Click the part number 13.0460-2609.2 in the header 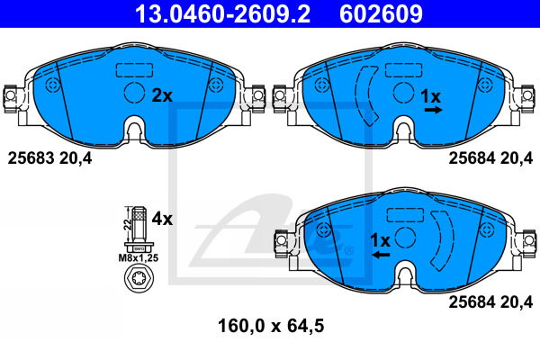click(x=222, y=13)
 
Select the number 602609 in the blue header click(x=381, y=13)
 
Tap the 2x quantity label click(x=162, y=95)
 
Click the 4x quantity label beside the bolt click(x=162, y=219)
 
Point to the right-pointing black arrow click(x=433, y=110)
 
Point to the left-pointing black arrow click(x=381, y=255)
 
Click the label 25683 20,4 click(x=49, y=158)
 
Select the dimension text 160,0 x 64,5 click(x=271, y=326)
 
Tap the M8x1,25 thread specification click(x=139, y=257)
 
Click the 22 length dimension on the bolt click(x=128, y=225)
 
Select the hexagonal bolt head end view click(x=139, y=278)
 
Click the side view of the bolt click(x=139, y=229)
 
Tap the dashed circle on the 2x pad click(x=134, y=93)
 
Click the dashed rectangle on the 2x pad click(x=134, y=70)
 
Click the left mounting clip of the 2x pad click(x=10, y=98)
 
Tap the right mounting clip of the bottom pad click(x=529, y=243)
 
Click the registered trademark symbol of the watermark click(x=348, y=250)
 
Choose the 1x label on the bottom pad click(x=380, y=241)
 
